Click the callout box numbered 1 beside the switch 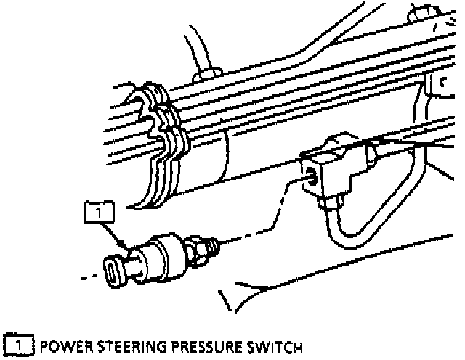pos(100,212)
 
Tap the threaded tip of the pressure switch pos(213,245)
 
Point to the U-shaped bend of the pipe pos(345,239)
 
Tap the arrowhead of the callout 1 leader pos(129,250)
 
